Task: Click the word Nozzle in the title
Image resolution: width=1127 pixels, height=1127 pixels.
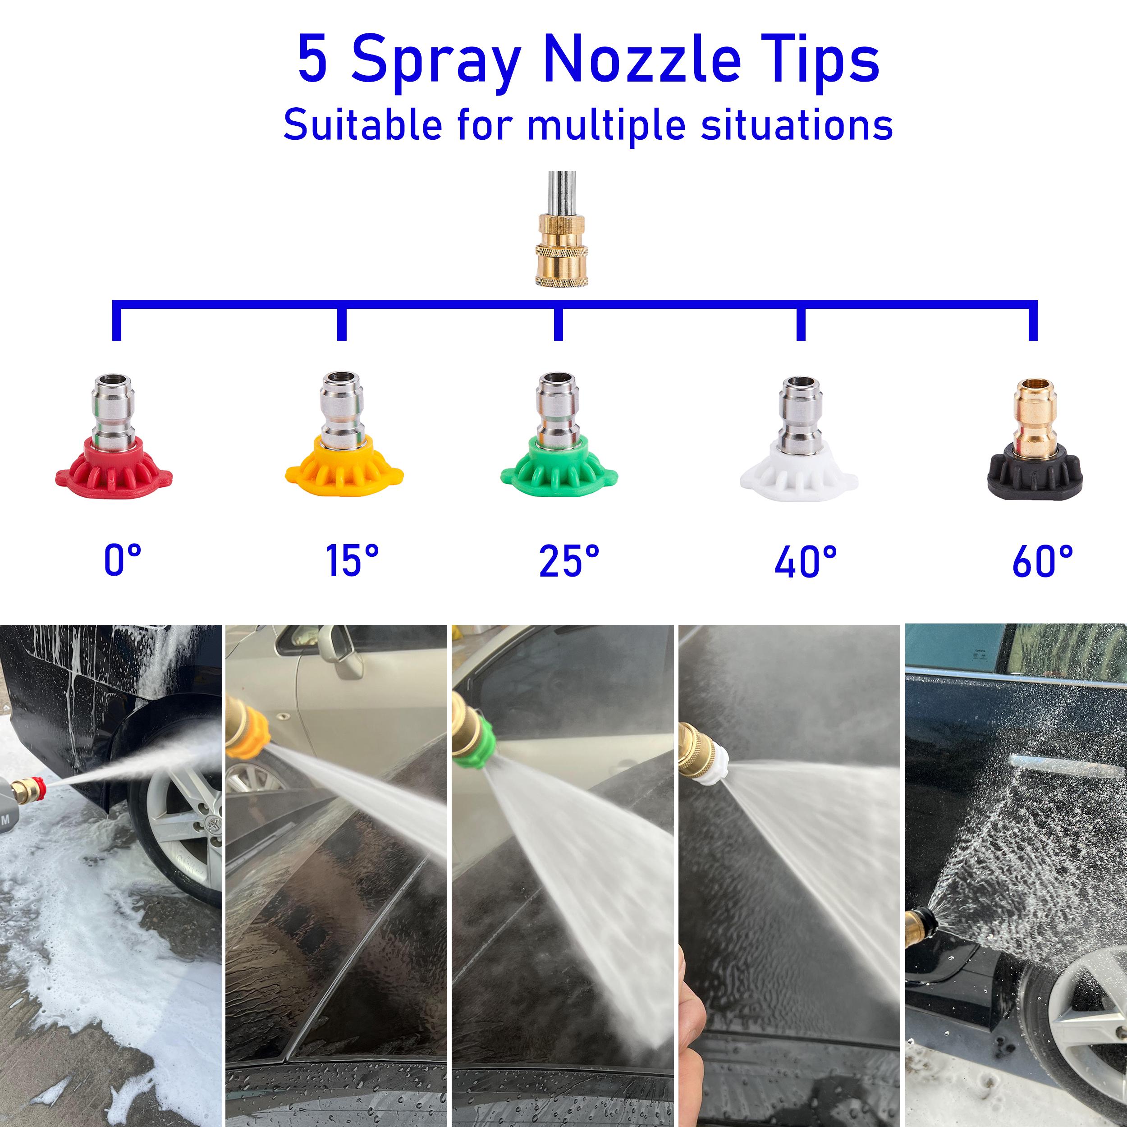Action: [x=641, y=60]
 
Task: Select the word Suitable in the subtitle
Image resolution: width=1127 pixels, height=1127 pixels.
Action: [x=362, y=124]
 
